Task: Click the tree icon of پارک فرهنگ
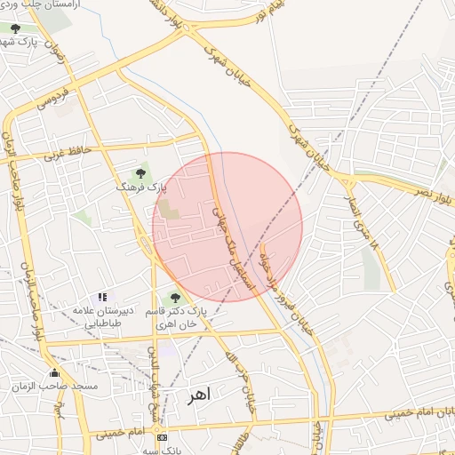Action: (x=139, y=172)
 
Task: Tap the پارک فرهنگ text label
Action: (x=140, y=188)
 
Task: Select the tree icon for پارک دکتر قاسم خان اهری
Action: (x=174, y=298)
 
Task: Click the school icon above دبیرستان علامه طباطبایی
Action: (x=102, y=297)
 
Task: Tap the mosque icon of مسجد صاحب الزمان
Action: (x=55, y=373)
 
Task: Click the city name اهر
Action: (x=197, y=395)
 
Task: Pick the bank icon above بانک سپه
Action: (x=161, y=437)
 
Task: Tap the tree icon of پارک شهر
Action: (x=15, y=28)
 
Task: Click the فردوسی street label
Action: (x=52, y=100)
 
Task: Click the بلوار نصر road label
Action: (x=421, y=190)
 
